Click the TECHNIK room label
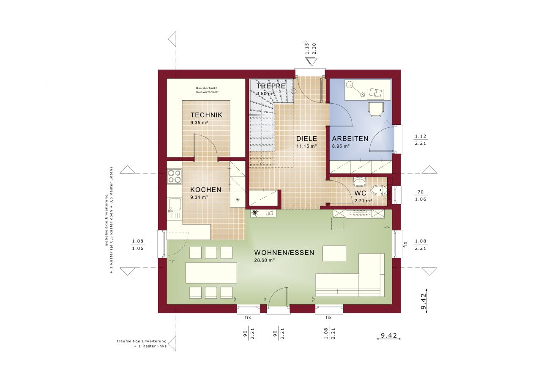206,115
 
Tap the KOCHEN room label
205,190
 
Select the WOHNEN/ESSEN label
284,253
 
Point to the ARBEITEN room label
350,138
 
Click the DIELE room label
306,138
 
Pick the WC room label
361,193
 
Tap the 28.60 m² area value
265,261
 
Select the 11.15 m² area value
306,146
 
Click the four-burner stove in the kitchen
174,176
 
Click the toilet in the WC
379,191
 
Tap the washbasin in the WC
360,182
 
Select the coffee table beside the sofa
334,253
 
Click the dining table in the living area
211,273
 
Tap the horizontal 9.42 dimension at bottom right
388,336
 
